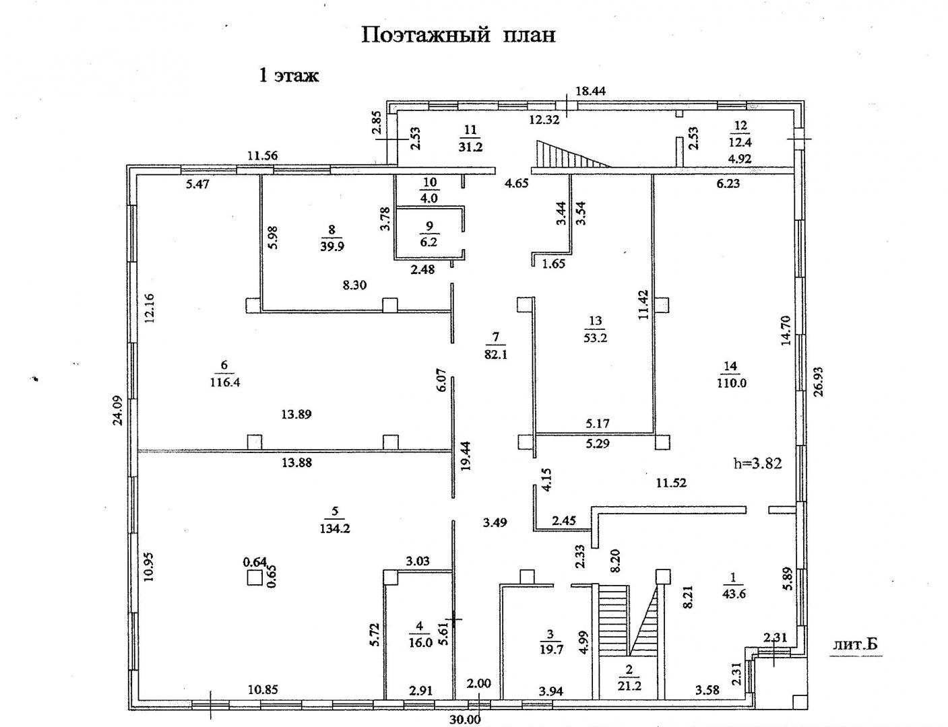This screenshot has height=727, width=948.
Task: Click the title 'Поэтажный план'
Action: coord(459,36)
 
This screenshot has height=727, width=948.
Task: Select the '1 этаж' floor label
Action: coord(289,75)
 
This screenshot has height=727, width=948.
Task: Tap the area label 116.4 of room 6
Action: coord(225,382)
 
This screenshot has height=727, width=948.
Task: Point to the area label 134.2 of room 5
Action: coord(335,529)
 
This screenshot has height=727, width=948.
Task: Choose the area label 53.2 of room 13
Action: coord(595,338)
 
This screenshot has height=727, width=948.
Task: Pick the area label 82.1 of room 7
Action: coord(496,355)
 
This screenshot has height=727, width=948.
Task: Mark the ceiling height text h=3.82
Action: coord(758,463)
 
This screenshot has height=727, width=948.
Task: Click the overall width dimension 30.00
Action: coord(465,719)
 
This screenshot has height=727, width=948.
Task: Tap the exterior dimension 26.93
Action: coord(818,382)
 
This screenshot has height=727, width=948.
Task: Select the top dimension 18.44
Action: coord(590,91)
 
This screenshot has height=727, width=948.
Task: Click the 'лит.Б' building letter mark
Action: coord(855,644)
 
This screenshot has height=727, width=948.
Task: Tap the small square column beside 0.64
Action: coord(254,578)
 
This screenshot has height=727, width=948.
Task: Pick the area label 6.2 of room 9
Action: coord(429,242)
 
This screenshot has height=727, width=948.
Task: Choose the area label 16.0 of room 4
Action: coord(420,643)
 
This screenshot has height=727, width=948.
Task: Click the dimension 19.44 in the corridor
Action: coord(466,456)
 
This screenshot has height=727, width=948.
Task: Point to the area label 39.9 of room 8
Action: coord(331,246)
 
